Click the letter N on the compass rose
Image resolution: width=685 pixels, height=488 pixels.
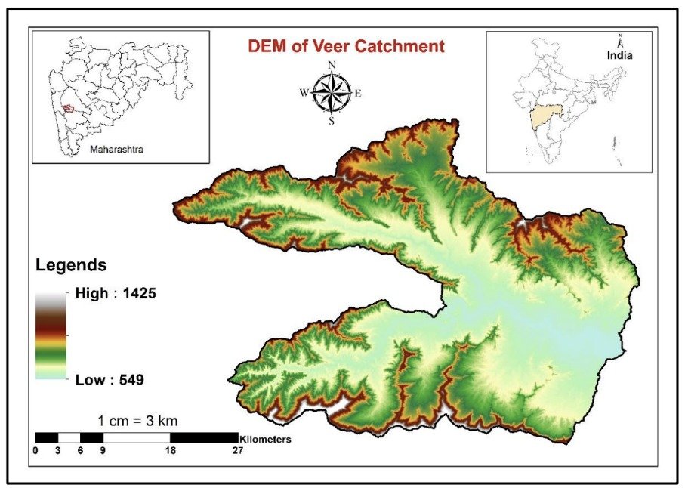331,65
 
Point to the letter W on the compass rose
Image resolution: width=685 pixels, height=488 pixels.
304,93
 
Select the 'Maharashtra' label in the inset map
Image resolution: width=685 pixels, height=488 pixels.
116,150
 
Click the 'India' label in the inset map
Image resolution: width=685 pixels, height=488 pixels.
619,55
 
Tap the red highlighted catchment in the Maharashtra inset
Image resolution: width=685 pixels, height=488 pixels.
69,109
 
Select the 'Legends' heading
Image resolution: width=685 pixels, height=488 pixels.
71,266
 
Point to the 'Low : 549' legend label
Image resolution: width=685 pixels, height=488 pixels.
110,379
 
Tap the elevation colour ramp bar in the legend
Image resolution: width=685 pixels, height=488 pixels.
51,335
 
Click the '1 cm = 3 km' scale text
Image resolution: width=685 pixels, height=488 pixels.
137,420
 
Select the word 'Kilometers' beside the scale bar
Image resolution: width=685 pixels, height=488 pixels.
265,438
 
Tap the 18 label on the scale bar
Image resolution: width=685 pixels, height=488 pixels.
170,451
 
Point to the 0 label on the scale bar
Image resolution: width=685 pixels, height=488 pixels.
36,451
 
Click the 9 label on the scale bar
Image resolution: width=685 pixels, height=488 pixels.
102,451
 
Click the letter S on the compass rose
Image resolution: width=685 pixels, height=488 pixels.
331,120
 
